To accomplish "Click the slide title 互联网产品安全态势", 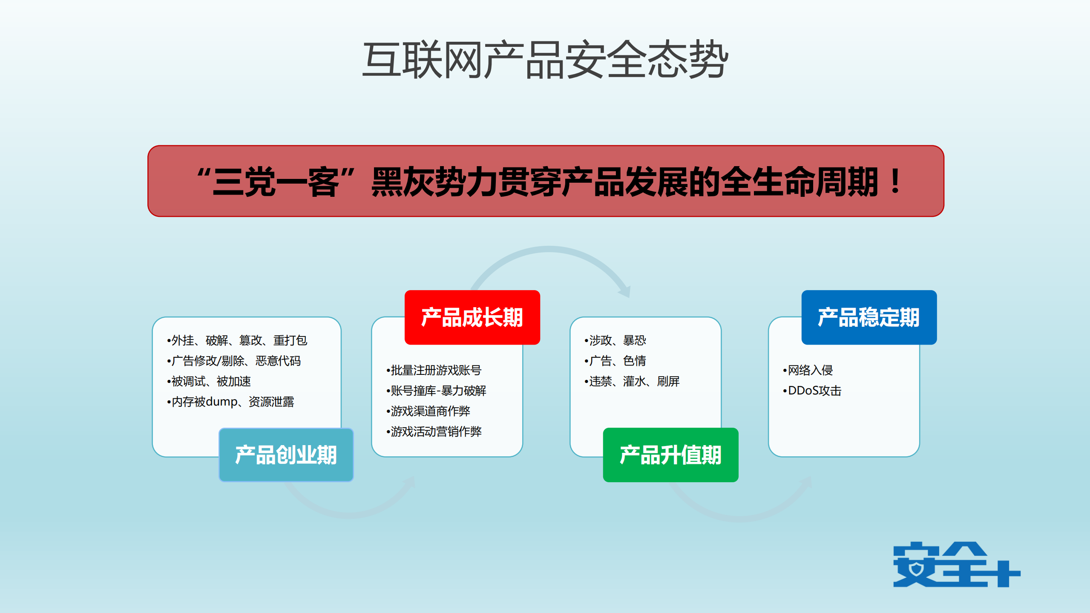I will [x=545, y=60].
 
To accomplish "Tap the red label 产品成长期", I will [x=472, y=317].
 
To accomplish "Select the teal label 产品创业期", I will [x=286, y=455].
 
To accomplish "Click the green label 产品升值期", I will [x=670, y=455].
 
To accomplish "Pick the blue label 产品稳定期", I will [x=869, y=317].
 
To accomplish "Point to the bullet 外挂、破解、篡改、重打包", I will [x=238, y=340].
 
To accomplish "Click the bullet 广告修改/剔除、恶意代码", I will [x=235, y=361].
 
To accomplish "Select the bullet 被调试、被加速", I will [x=210, y=381].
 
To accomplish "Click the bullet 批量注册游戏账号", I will [x=435, y=370].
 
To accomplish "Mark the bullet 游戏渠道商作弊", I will [x=429, y=411].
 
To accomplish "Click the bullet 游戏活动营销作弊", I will [x=435, y=432].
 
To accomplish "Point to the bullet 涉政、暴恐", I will [x=616, y=340].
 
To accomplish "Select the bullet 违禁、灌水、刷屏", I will [x=633, y=381].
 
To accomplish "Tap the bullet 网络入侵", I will [x=809, y=370].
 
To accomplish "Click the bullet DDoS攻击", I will [x=813, y=391].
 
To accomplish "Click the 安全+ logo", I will [x=956, y=564].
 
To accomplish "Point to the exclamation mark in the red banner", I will [x=895, y=182].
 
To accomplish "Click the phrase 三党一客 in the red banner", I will [x=276, y=182].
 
